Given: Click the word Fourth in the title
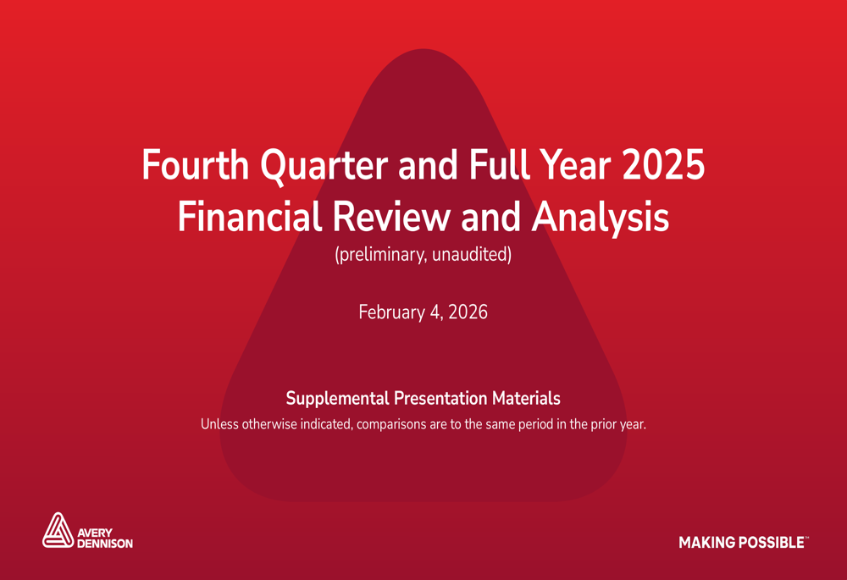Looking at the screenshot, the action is [x=195, y=164].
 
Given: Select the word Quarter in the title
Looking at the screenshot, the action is [x=324, y=165].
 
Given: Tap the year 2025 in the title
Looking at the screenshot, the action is [x=663, y=164].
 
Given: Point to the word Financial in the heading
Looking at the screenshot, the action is [x=250, y=217].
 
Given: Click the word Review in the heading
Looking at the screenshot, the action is [x=390, y=217].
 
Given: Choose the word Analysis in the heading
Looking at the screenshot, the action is [x=601, y=218].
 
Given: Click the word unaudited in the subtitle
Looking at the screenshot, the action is [x=471, y=254].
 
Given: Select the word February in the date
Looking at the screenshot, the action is [x=391, y=312].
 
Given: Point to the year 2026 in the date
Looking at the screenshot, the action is [x=468, y=312].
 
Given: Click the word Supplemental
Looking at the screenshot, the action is [x=338, y=399].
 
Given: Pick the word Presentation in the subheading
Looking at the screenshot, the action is [x=440, y=398].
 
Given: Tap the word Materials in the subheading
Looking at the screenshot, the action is [x=526, y=398].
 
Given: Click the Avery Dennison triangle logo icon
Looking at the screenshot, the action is [x=58, y=530].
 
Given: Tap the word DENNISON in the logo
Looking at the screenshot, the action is [x=105, y=544].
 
